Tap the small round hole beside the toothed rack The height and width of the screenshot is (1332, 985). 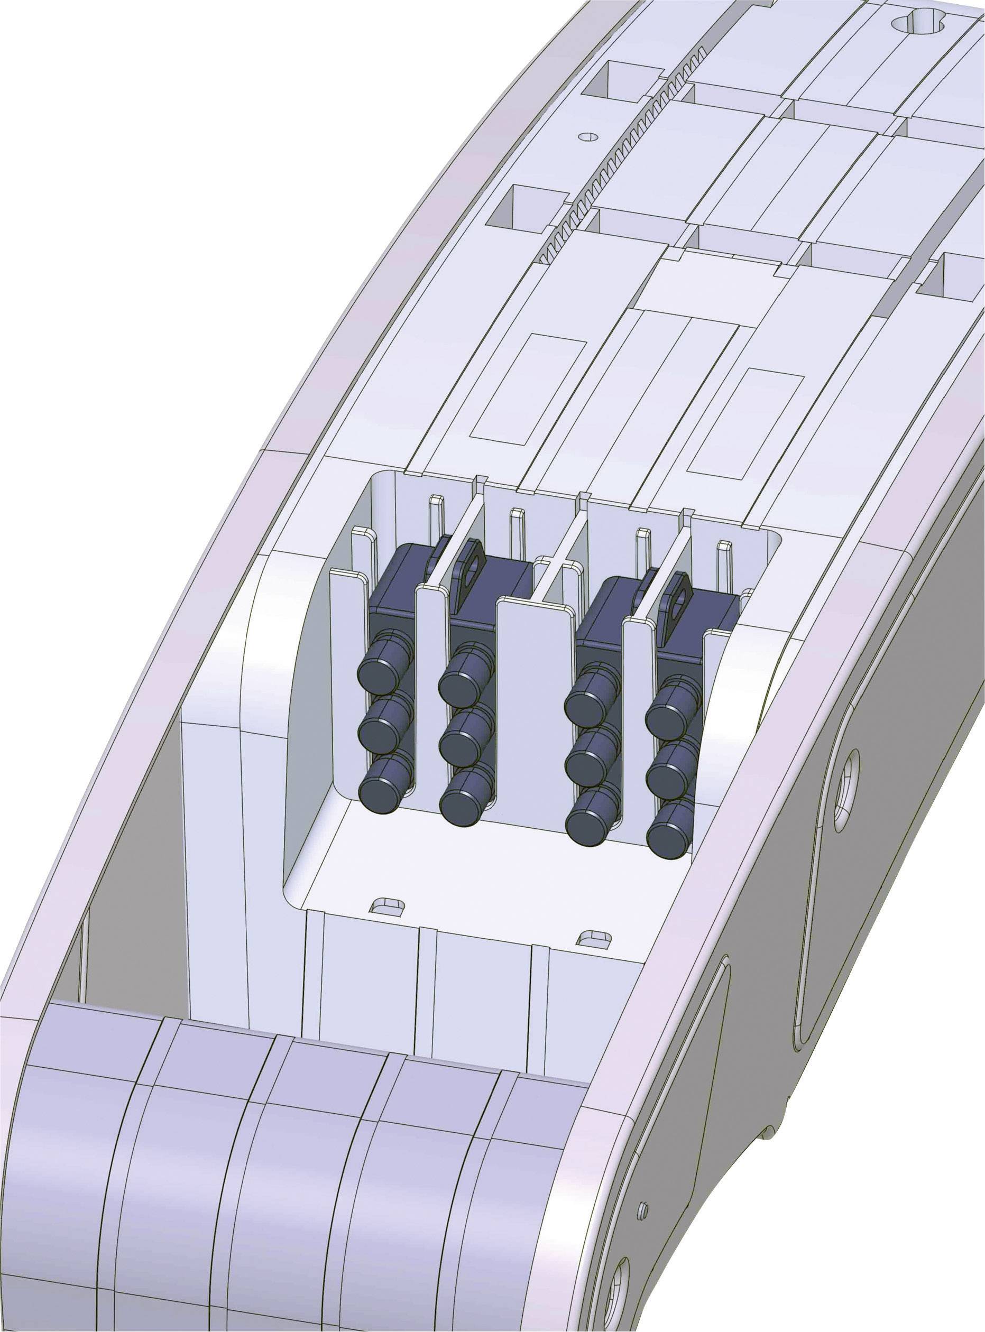tap(588, 136)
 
